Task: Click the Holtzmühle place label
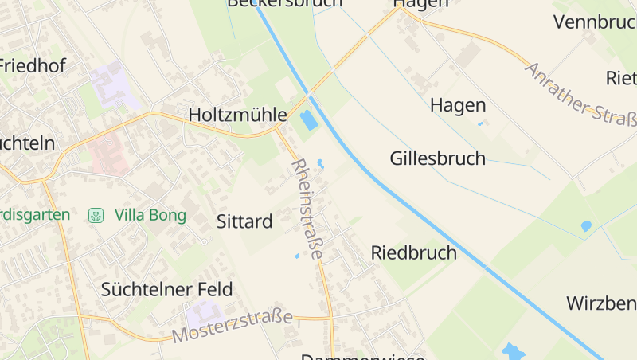click(236, 115)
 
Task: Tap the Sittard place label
click(244, 221)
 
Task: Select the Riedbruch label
click(414, 253)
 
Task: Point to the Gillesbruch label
click(437, 158)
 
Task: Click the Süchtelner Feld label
click(167, 289)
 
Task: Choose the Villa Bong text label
click(150, 215)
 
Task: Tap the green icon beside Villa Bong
click(96, 215)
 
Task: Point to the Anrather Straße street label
click(580, 95)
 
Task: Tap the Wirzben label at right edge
click(601, 303)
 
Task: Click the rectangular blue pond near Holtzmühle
click(307, 121)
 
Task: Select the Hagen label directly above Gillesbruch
click(458, 105)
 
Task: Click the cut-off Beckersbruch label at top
click(284, 3)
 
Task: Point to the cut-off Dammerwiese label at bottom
click(362, 356)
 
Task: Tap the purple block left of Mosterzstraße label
click(204, 315)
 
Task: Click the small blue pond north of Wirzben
click(586, 226)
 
